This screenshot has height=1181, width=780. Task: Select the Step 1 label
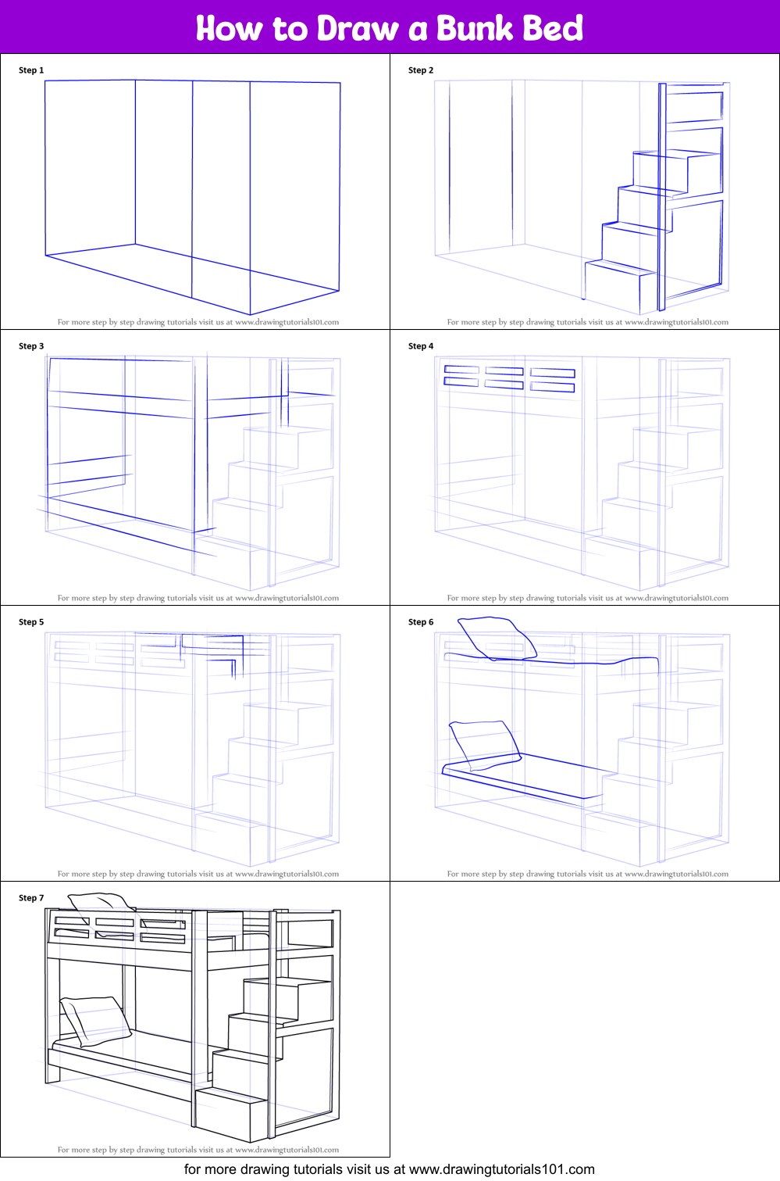tap(31, 70)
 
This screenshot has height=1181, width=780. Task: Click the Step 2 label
tap(421, 70)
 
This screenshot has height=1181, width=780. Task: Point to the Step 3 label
tap(31, 346)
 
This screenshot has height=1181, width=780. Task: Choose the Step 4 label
tap(421, 346)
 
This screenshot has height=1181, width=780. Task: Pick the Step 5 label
tap(31, 621)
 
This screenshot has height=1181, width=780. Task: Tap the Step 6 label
tap(421, 621)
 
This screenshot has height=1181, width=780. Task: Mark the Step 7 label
tap(31, 897)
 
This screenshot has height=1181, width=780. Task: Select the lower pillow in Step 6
tap(485, 745)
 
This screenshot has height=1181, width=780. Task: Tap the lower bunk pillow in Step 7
tap(95, 1021)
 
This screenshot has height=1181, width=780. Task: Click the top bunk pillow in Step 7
tap(100, 903)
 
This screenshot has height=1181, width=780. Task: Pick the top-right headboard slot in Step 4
tap(553, 374)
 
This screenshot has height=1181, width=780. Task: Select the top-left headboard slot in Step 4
tap(461, 370)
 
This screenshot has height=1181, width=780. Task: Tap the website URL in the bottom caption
tap(502, 1169)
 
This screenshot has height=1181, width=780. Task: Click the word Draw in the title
tap(358, 28)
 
